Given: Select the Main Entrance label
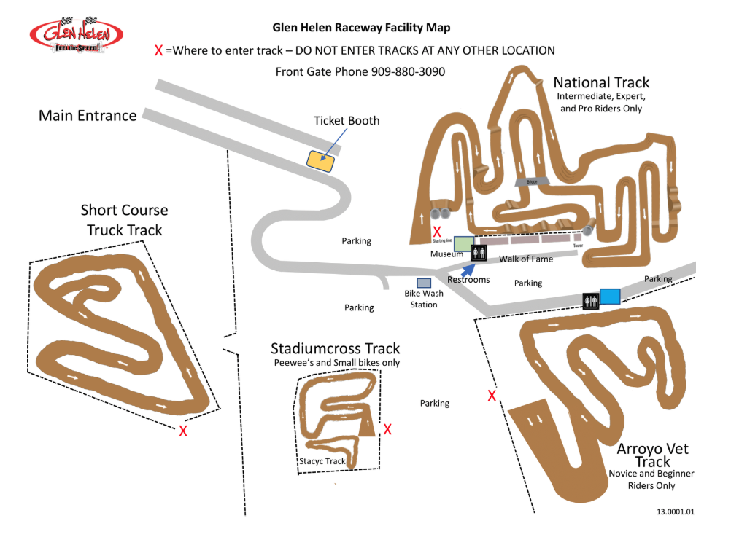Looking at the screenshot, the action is click(x=88, y=115).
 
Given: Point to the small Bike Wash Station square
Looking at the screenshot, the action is click(x=423, y=283).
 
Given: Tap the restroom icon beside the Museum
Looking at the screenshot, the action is click(x=479, y=252).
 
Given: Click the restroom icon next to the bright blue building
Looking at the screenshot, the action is click(x=590, y=299).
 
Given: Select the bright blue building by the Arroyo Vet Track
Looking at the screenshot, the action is click(x=610, y=296).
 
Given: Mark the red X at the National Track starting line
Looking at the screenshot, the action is click(x=437, y=231).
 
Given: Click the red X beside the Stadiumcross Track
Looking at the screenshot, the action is click(x=387, y=429).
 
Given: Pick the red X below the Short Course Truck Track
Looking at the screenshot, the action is click(x=183, y=431).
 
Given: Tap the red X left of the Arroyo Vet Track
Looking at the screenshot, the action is click(x=492, y=396).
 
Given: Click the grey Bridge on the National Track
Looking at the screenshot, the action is click(x=530, y=181).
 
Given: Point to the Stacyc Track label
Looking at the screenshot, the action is click(x=322, y=461).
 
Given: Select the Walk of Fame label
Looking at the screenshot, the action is click(x=526, y=259).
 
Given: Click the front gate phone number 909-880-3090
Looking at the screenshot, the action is click(x=409, y=71).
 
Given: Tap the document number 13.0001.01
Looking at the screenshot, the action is click(x=676, y=511).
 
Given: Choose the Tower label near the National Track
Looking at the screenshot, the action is click(x=578, y=246).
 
